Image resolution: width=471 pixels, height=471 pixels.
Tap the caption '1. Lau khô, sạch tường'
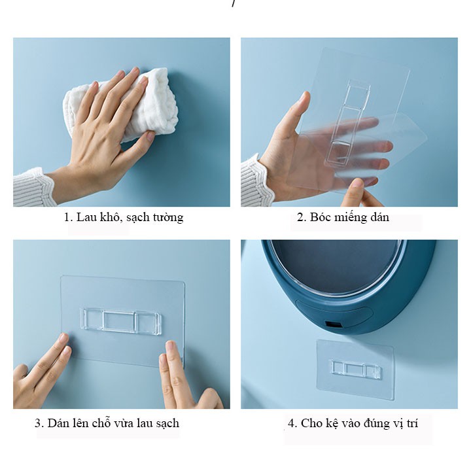click(x=124, y=217)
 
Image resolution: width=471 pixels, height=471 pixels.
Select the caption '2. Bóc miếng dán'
click(x=343, y=217)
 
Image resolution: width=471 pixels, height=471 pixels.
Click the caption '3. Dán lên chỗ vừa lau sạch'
click(x=107, y=423)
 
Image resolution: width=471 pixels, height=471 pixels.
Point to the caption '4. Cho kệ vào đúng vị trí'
click(x=353, y=423)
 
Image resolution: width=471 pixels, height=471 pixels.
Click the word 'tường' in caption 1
click(x=168, y=217)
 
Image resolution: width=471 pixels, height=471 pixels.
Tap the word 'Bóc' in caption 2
click(x=320, y=217)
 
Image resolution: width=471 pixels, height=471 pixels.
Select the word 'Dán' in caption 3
click(x=58, y=423)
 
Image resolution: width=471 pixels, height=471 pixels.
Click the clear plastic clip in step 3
click(x=121, y=321)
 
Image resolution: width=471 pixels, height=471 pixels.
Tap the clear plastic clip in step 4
click(x=356, y=369)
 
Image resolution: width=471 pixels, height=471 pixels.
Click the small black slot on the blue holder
click(x=333, y=325)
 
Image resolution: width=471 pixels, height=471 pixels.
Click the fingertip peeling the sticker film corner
click(x=358, y=184)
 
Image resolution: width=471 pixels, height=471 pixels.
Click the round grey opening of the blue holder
click(x=336, y=267)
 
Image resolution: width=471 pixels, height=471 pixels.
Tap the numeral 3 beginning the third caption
click(x=39, y=423)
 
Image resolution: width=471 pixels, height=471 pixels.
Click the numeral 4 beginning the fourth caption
click(x=292, y=423)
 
